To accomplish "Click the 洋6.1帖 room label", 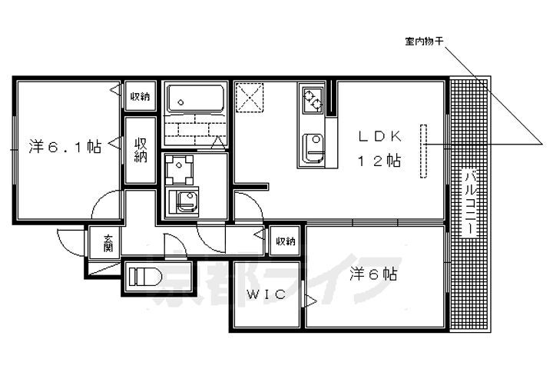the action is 65,147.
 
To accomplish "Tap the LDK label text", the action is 380,136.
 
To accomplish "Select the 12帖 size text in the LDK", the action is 379,161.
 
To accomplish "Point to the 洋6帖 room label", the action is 374,274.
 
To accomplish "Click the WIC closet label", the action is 266,294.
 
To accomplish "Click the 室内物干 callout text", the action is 424,42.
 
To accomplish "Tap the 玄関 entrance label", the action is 108,243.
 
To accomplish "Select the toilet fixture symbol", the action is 145,277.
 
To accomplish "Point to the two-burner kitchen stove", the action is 312,99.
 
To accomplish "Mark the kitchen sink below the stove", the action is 313,148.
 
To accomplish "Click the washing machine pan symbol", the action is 180,170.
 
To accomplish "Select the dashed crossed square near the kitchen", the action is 250,98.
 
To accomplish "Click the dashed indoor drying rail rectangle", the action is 423,151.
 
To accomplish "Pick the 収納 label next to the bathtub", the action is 141,96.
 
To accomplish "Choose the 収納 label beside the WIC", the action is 286,241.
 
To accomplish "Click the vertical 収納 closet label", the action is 141,151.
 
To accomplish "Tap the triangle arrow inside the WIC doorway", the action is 310,301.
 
